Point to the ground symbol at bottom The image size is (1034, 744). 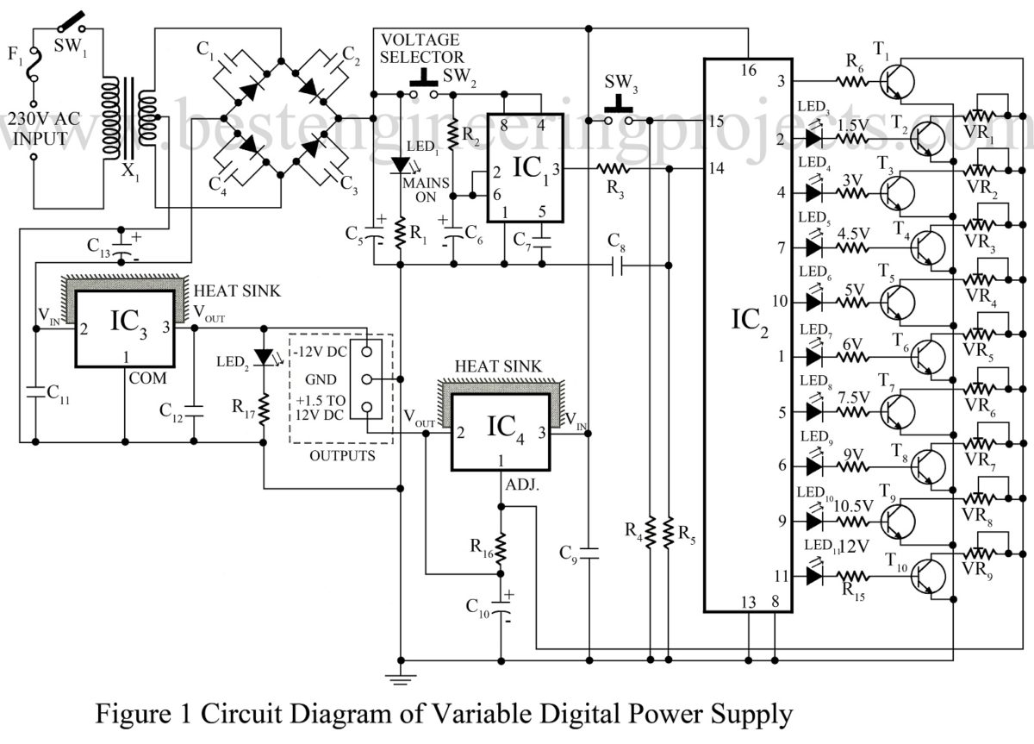(x=402, y=678)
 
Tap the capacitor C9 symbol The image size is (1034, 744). (x=589, y=553)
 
